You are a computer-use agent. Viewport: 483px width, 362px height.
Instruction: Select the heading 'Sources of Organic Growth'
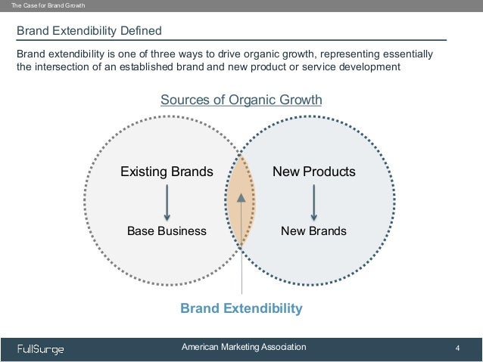241,101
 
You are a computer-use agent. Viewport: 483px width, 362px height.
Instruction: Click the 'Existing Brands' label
167,172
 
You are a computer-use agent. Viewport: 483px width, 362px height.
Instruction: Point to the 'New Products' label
313,172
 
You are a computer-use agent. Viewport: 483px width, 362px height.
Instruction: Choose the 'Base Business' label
167,231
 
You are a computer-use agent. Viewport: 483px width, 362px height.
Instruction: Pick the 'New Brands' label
313,231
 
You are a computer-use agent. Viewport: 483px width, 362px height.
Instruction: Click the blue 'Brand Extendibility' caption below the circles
241,308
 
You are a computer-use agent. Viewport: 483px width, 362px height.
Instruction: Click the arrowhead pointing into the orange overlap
241,197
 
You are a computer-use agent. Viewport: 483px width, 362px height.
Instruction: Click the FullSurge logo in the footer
41,348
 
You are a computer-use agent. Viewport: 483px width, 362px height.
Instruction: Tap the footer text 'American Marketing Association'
244,347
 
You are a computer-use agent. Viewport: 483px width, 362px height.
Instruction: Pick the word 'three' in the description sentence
160,54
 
